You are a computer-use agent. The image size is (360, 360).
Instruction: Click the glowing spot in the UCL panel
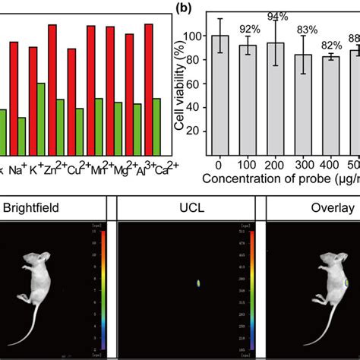[199, 283]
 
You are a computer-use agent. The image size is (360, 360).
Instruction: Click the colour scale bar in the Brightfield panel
[103, 289]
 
